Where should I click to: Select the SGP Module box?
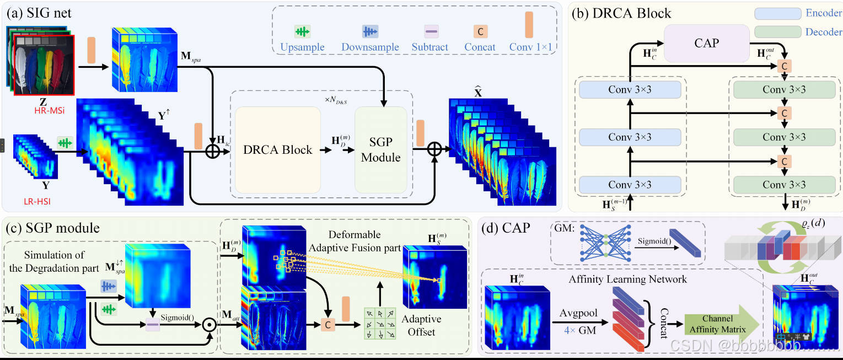point(380,149)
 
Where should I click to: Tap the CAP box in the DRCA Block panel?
point(706,43)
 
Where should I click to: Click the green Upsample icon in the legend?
point(302,31)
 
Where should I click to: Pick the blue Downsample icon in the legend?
point(369,31)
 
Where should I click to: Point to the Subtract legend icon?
point(431,31)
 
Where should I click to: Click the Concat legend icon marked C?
point(480,31)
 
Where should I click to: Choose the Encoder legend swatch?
point(777,14)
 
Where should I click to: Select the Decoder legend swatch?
point(777,32)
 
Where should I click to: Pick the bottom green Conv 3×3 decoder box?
point(783,185)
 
